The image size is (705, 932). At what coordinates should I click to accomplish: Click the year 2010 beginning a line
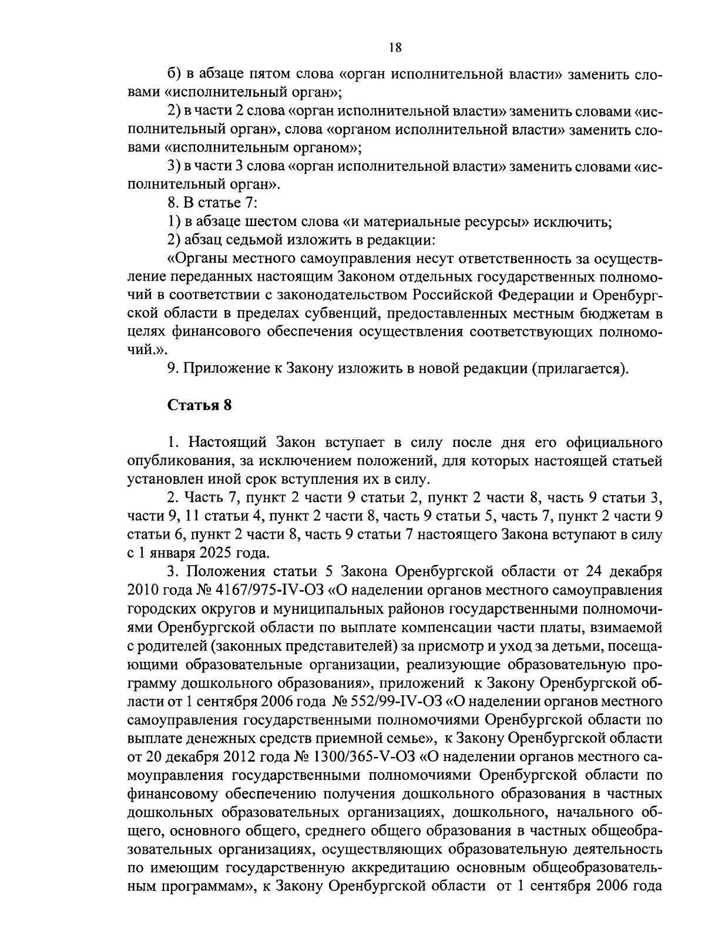(x=140, y=589)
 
